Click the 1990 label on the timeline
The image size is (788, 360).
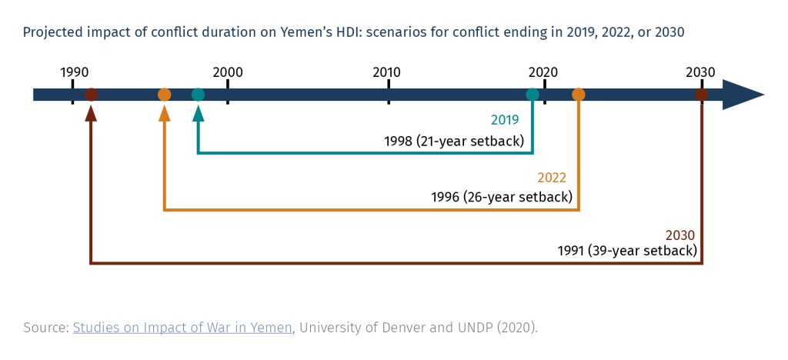click(74, 72)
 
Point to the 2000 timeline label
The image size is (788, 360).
click(228, 72)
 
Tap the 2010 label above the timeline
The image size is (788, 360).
click(386, 72)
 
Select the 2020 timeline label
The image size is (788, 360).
click(543, 72)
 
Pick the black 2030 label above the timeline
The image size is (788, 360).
click(700, 72)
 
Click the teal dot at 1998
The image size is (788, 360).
click(198, 95)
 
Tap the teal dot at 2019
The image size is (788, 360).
click(533, 95)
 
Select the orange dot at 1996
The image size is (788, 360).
click(164, 95)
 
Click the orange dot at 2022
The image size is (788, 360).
click(579, 95)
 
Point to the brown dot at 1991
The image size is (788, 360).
click(91, 95)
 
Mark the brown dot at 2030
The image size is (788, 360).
click(701, 95)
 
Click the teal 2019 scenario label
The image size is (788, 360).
click(506, 120)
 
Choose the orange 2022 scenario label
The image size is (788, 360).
click(552, 178)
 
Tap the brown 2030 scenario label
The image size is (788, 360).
click(679, 235)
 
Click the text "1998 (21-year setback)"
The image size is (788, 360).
click(454, 142)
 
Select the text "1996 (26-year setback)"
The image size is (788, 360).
click(501, 197)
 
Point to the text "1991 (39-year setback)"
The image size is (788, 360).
click(627, 251)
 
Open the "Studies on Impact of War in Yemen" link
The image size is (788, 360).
click(182, 328)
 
